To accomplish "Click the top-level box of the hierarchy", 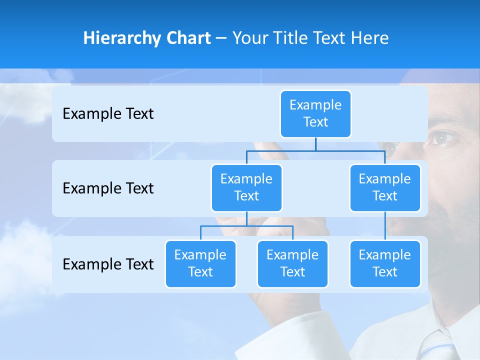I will pyautogui.click(x=315, y=113).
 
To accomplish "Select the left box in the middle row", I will pyautogui.click(x=246, y=187).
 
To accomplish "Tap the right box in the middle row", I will pyautogui.click(x=385, y=187).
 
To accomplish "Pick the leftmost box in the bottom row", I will pyautogui.click(x=200, y=263).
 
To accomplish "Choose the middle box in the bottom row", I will pyautogui.click(x=292, y=263).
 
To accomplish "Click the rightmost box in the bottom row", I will pyautogui.click(x=385, y=263).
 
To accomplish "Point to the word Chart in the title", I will pyautogui.click(x=187, y=38).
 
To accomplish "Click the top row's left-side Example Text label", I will pyautogui.click(x=108, y=114).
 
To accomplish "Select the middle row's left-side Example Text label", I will pyautogui.click(x=108, y=188).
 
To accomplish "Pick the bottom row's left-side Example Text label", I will pyautogui.click(x=108, y=264).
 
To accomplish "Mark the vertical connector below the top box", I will pyautogui.click(x=315, y=144).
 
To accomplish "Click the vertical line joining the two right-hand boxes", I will pyautogui.click(x=385, y=226).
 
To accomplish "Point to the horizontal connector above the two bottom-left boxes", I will pyautogui.click(x=246, y=226).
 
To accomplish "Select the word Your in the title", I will pyautogui.click(x=249, y=38).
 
